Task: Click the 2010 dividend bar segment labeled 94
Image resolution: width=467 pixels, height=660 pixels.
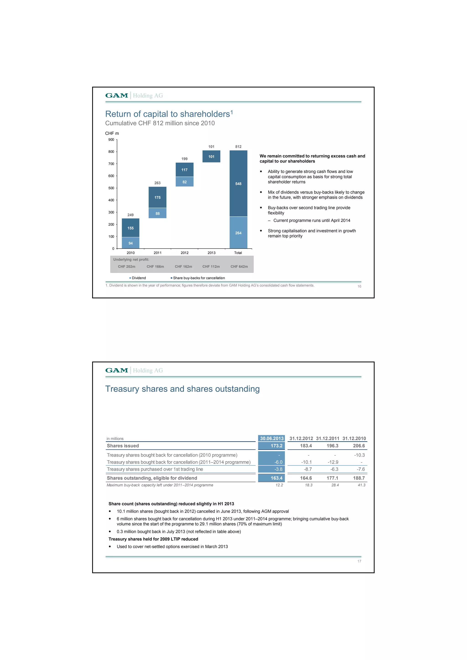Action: click(x=131, y=243)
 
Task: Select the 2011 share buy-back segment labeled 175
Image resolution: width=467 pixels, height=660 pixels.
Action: click(x=157, y=197)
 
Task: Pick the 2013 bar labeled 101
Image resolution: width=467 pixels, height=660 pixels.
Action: click(x=211, y=156)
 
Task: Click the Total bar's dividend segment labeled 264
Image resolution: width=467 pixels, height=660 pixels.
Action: click(x=238, y=233)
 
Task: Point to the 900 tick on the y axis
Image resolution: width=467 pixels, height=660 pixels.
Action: click(x=111, y=140)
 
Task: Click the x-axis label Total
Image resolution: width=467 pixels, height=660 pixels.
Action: click(x=238, y=253)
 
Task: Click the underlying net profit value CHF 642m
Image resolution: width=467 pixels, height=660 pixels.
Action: click(x=239, y=267)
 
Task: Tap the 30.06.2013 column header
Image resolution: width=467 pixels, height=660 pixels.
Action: click(x=272, y=438)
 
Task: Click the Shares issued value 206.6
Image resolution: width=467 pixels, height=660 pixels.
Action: click(x=359, y=446)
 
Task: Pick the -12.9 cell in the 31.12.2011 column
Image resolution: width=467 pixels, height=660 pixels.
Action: click(x=333, y=462)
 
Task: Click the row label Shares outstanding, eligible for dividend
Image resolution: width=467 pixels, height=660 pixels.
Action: click(x=152, y=478)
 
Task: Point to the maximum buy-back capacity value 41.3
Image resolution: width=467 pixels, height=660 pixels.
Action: click(x=361, y=485)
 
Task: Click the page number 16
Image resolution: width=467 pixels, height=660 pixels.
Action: click(x=359, y=286)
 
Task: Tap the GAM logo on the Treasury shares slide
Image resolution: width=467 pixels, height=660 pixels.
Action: click(x=117, y=370)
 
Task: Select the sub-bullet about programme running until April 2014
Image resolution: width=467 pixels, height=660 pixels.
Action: click(x=312, y=221)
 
